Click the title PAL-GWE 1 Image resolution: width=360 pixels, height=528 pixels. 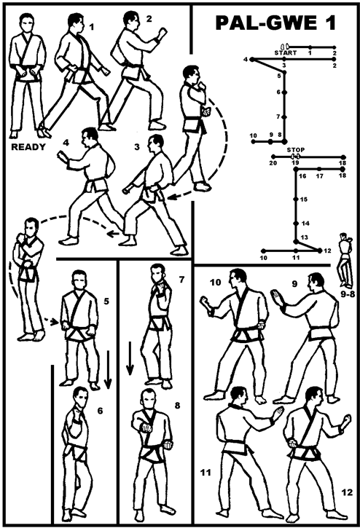click(275, 23)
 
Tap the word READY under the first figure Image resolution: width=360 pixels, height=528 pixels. click(28, 147)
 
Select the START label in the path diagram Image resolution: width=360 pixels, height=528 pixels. click(286, 53)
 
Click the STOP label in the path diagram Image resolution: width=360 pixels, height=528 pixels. click(296, 150)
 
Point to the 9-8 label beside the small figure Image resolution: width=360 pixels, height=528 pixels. click(348, 293)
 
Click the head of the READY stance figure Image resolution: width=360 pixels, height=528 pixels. click(26, 23)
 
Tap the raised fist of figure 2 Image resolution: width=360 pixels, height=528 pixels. click(163, 34)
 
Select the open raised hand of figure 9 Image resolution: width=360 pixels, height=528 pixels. click(278, 297)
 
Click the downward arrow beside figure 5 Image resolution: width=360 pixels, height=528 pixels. click(108, 369)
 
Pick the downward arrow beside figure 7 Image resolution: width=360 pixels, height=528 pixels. click(130, 358)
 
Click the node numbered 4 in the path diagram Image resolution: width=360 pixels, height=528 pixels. click(252, 60)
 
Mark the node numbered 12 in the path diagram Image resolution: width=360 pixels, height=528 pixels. click(319, 251)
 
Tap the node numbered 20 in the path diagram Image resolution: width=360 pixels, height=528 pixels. click(273, 157)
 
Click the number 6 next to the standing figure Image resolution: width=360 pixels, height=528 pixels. click(100, 411)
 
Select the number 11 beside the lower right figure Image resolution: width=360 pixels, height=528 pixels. click(206, 473)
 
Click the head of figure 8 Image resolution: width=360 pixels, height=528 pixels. click(148, 399)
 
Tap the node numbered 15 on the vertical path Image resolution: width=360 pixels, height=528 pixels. click(296, 200)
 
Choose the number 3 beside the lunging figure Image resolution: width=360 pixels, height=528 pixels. click(136, 147)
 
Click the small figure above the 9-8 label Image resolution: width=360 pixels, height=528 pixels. click(345, 259)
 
